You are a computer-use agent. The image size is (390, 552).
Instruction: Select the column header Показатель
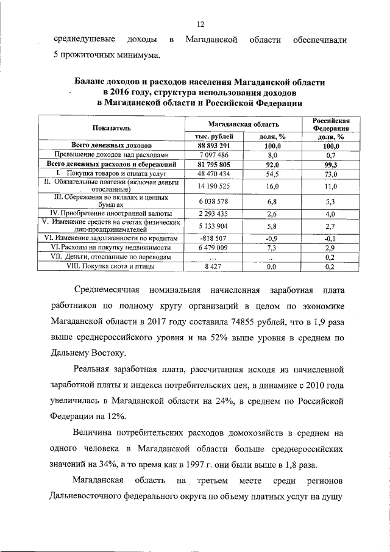coord(111,127)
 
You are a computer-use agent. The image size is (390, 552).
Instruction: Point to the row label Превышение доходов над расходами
coord(111,155)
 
